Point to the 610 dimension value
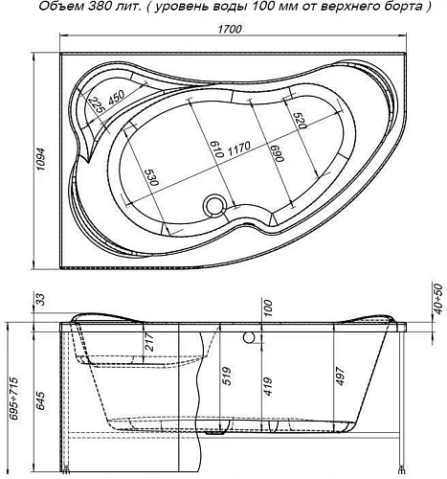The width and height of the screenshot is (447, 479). [x=214, y=148]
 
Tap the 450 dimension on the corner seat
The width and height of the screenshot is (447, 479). [x=117, y=98]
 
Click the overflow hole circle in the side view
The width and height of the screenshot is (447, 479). [x=250, y=338]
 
